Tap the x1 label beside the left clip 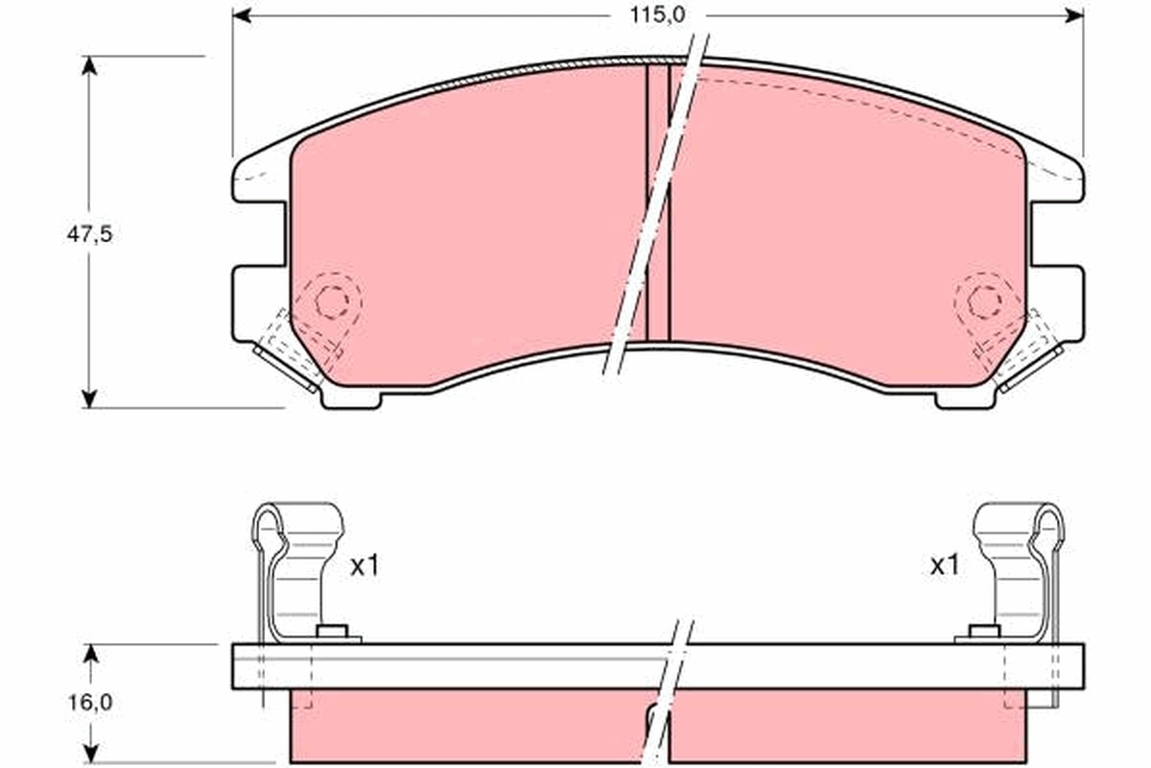tap(364, 567)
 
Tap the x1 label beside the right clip tap(944, 567)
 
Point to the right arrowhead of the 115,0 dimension tap(1075, 14)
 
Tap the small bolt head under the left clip tap(331, 631)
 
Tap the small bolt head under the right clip tap(984, 631)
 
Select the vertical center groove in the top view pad tap(657, 202)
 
